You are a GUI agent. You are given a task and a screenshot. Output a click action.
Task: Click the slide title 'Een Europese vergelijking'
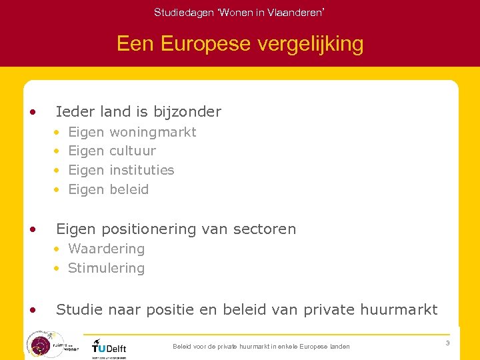pos(240,44)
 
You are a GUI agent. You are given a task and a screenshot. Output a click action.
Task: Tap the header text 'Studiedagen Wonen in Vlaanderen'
pos(240,12)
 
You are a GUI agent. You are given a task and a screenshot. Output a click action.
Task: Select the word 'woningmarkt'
pos(153,132)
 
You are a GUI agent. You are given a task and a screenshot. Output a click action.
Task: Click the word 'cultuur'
pos(133,151)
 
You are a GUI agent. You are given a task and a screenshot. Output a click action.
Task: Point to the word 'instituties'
pos(141,170)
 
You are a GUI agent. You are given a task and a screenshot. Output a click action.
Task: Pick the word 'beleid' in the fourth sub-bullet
pos(129,189)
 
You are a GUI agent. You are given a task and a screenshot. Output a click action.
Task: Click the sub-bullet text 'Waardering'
pos(106,249)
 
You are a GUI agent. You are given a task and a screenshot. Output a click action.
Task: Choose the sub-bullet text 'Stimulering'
pos(106,268)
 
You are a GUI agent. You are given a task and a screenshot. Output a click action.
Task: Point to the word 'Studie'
pos(77,309)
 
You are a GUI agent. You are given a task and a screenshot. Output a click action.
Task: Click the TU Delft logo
pos(109,346)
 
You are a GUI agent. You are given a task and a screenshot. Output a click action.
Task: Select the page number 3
pos(447,343)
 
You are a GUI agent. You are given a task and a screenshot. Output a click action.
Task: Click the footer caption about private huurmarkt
pos(261,347)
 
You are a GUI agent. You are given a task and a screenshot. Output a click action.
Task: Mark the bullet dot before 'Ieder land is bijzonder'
pos(33,111)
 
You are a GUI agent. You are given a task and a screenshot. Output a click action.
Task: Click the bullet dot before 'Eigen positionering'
pos(33,229)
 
